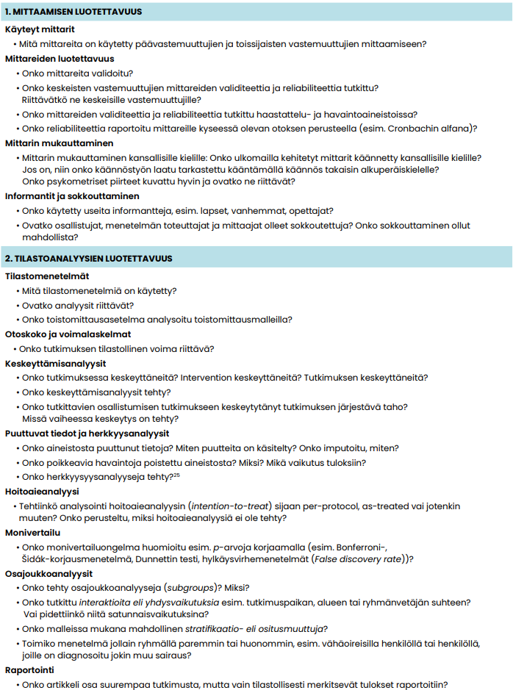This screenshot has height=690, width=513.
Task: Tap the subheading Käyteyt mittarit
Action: pyautogui.click(x=40, y=30)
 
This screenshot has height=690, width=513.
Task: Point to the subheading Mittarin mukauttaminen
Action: pyautogui.click(x=59, y=143)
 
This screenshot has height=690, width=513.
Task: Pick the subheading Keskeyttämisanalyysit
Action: pyautogui.click(x=56, y=364)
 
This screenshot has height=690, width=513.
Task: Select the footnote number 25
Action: pyautogui.click(x=176, y=475)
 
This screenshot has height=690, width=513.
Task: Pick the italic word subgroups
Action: pyautogui.click(x=194, y=587)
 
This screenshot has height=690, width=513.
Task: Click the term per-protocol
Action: pyautogui.click(x=317, y=506)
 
